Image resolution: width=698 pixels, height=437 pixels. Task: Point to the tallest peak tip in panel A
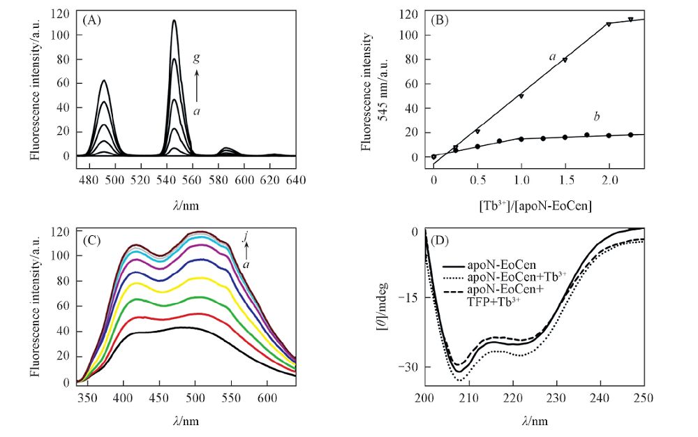click(174, 20)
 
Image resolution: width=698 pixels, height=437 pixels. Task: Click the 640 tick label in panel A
click(297, 180)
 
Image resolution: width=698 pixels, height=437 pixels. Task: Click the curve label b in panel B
click(597, 116)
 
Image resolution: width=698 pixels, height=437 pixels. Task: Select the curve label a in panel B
click(551, 57)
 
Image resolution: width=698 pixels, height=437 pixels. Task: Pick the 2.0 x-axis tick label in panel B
click(610, 180)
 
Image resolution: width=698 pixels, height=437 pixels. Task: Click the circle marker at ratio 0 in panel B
click(433, 156)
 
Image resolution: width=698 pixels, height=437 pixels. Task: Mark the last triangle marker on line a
click(631, 20)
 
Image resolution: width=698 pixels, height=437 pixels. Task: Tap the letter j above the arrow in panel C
click(245, 238)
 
